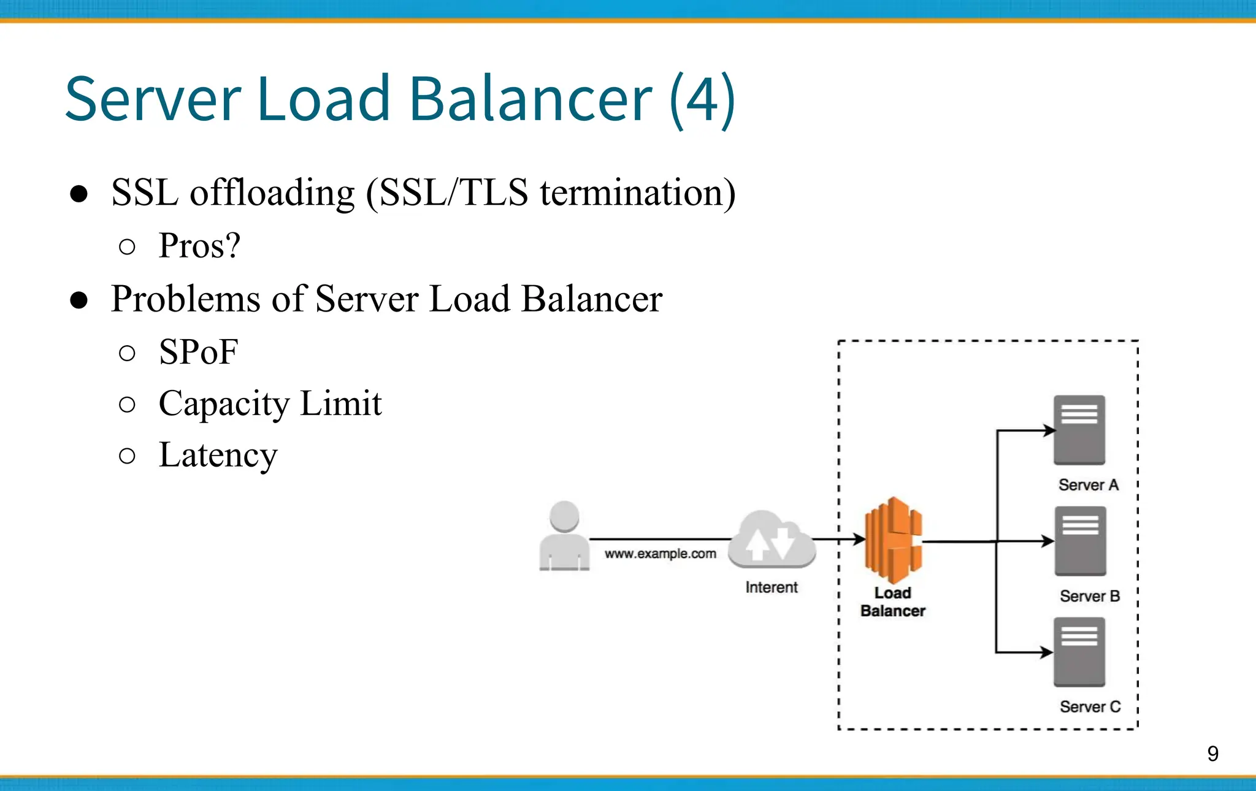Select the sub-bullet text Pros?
[x=199, y=246]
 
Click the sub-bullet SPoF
[x=198, y=353]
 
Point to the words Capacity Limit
[x=270, y=404]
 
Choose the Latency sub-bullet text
[x=218, y=456]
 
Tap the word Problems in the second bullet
[x=186, y=299]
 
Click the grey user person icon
[x=564, y=536]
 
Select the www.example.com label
[x=660, y=554]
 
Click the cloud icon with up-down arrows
[x=772, y=540]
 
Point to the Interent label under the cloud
[x=771, y=587]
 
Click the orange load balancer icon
[x=893, y=540]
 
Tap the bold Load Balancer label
[x=892, y=602]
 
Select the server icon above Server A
[x=1079, y=429]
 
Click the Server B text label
[x=1090, y=596]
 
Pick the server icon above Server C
[x=1079, y=652]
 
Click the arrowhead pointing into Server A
[x=1049, y=430]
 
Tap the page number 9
[x=1212, y=754]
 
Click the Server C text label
[x=1090, y=707]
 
